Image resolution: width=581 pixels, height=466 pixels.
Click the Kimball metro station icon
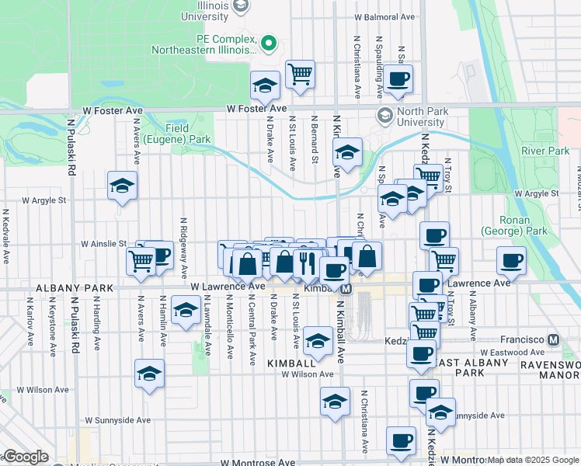(346, 288)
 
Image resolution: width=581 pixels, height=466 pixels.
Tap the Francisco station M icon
(554, 339)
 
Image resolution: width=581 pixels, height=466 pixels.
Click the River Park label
(545, 150)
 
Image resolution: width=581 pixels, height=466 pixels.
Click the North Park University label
(423, 116)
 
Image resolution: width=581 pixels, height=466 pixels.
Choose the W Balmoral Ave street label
(386, 16)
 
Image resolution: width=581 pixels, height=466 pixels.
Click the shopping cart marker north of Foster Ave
(300, 75)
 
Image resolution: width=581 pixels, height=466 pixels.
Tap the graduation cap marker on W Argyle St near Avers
(122, 186)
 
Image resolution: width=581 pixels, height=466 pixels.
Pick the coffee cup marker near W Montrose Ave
(401, 440)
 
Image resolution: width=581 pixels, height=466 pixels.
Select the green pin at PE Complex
(270, 42)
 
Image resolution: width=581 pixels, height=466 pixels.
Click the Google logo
(26, 457)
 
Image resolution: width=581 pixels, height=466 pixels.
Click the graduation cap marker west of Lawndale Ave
(185, 311)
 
